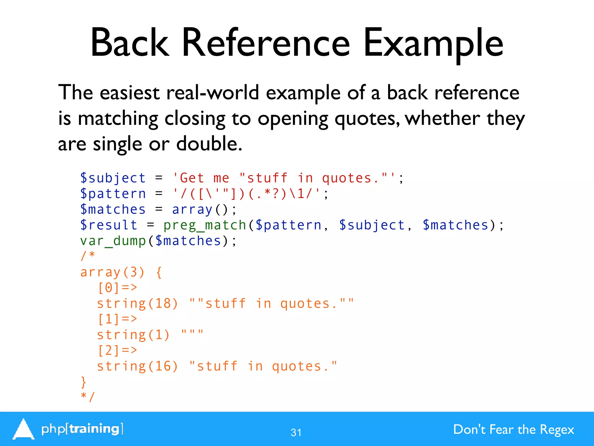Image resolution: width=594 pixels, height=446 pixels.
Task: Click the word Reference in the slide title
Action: coord(266,43)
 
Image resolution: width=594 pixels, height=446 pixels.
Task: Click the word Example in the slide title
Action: coord(433,43)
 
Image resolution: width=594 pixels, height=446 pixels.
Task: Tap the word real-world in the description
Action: coord(212,93)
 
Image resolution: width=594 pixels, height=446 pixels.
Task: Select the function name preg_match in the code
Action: coord(205,225)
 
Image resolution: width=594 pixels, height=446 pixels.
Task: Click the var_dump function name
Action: coord(113,241)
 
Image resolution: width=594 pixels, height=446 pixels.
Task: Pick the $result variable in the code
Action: coord(109,225)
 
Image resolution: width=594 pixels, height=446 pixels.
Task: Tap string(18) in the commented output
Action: coord(137,304)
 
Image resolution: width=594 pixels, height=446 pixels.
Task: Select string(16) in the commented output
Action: coord(137,366)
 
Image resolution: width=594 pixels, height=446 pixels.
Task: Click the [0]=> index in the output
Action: coord(117,288)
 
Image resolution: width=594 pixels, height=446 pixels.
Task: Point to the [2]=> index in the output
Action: coord(117,351)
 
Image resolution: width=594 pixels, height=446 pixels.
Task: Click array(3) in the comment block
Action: coord(112,272)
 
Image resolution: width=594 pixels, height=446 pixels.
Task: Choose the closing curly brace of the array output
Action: coord(84,382)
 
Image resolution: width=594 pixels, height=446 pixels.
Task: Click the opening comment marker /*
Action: coord(88,256)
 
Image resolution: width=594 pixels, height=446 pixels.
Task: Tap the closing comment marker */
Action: coord(88,397)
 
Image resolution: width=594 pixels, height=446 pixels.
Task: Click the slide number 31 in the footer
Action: coord(296,433)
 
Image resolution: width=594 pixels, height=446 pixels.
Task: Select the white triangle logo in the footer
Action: coord(23,429)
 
